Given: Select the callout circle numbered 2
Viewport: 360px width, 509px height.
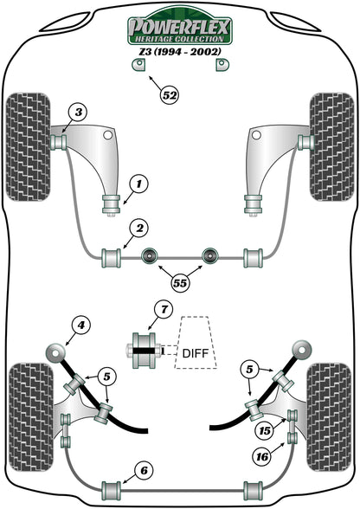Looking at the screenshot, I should (x=137, y=229).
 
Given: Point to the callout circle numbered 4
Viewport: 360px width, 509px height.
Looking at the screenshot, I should (x=80, y=326).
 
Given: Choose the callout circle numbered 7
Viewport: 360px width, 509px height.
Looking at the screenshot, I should (x=161, y=311).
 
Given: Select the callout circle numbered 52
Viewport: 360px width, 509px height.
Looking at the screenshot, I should (x=169, y=95).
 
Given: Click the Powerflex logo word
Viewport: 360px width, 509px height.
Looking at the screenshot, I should (x=179, y=30).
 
